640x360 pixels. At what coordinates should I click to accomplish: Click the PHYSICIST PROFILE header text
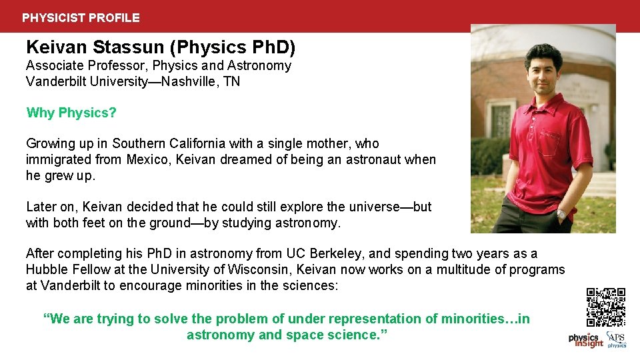pyautogui.click(x=81, y=18)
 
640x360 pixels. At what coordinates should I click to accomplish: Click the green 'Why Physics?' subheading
pyautogui.click(x=71, y=113)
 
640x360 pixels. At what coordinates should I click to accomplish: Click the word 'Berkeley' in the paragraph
pyautogui.click(x=339, y=253)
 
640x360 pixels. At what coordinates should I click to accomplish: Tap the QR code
pyautogui.click(x=606, y=307)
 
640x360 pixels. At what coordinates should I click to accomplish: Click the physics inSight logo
pyautogui.click(x=585, y=340)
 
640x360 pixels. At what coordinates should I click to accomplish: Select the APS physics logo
pyautogui.click(x=616, y=340)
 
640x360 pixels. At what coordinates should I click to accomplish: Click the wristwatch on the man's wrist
pyautogui.click(x=561, y=215)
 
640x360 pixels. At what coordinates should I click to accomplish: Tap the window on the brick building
pyautogui.click(x=501, y=119)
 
